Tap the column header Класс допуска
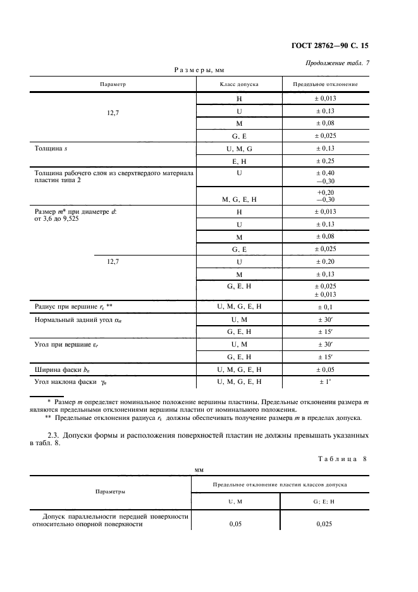[239, 84]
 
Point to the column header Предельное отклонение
[326, 84]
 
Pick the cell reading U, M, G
[239, 148]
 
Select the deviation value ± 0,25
[326, 161]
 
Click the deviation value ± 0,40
[326, 173]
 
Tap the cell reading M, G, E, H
[239, 199]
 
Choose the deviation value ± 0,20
[326, 261]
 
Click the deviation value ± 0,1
[326, 307]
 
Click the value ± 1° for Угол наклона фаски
[326, 382]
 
